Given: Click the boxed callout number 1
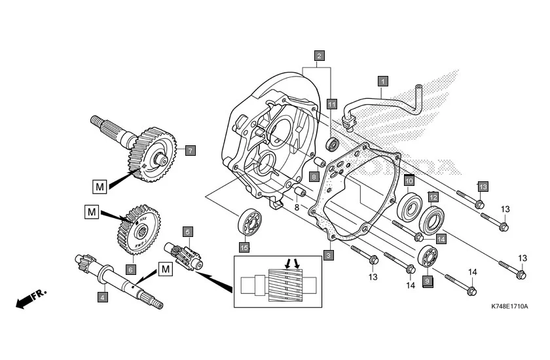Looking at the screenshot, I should [x=383, y=82].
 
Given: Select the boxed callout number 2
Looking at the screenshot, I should [x=319, y=56].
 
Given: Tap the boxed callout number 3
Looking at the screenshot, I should [x=329, y=255].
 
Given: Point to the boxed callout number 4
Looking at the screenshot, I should [x=102, y=297].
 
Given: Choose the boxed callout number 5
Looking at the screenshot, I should [x=187, y=231].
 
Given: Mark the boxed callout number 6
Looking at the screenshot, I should [x=130, y=269].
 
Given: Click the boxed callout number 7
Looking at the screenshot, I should [x=189, y=151].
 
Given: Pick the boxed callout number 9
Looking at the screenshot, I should [x=428, y=281].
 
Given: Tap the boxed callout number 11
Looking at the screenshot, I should [x=332, y=104].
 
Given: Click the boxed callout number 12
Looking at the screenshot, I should [x=433, y=196].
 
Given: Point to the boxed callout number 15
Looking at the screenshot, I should [x=244, y=247].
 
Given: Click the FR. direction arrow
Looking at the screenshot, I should [x=30, y=298].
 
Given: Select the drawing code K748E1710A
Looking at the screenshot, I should [x=509, y=306].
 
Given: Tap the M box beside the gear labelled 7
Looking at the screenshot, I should [x=99, y=187].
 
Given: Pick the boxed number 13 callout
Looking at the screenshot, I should [x=483, y=187].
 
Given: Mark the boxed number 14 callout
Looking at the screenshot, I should [x=441, y=239].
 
